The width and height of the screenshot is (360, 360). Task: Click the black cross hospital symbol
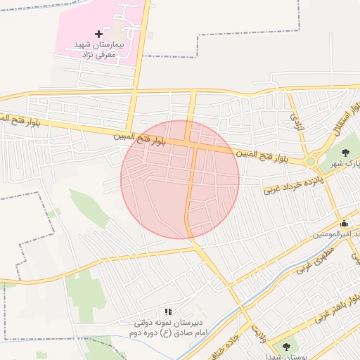click(x=98, y=34)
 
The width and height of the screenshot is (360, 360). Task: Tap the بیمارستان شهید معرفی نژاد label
click(x=98, y=49)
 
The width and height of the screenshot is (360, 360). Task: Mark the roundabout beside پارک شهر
click(x=311, y=162)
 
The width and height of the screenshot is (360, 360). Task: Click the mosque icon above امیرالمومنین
click(x=344, y=224)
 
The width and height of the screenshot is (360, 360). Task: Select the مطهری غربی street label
click(x=312, y=261)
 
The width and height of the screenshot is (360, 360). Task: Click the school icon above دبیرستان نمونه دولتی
click(x=168, y=311)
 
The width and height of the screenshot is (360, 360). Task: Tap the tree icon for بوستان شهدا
click(x=286, y=346)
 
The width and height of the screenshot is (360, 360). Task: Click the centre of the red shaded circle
click(x=180, y=179)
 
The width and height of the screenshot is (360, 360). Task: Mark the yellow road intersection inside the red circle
click(x=192, y=144)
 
